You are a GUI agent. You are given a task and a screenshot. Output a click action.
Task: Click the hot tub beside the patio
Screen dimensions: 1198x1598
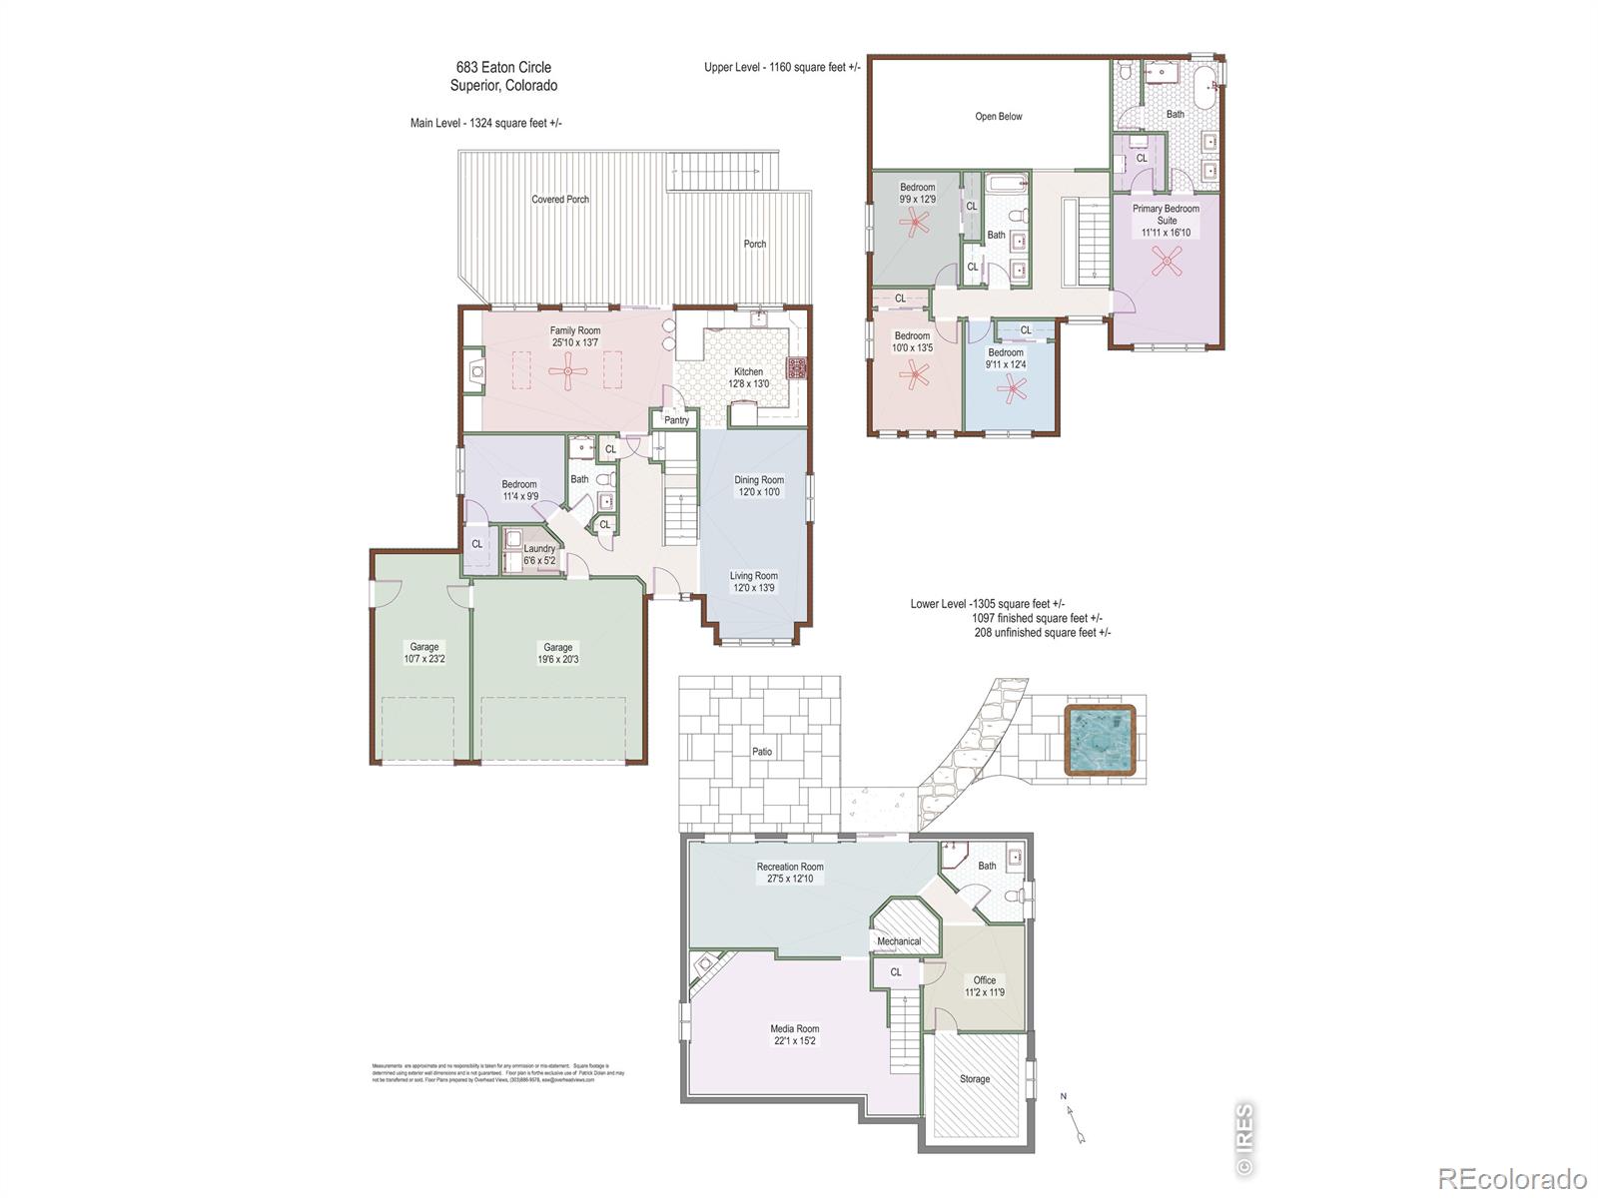[x=1100, y=740]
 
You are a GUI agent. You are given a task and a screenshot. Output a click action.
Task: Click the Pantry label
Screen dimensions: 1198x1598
[x=676, y=420]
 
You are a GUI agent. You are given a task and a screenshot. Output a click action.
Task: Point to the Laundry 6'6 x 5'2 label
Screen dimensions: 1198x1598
[x=539, y=555]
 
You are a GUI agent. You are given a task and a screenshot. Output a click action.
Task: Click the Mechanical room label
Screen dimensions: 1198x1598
[x=899, y=941]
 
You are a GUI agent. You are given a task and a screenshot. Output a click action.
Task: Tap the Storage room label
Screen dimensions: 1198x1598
[x=975, y=1079]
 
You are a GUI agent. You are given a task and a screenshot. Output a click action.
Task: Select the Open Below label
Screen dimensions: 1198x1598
[x=999, y=117]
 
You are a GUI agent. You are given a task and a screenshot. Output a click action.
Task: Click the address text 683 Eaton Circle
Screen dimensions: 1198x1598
[x=503, y=68]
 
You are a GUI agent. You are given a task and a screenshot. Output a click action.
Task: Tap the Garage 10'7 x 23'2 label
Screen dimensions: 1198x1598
[x=423, y=653]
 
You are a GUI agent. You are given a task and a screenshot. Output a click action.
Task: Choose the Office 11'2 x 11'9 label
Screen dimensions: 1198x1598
[x=985, y=986]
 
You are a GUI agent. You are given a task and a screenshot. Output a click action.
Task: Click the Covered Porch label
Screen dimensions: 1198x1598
[x=560, y=200]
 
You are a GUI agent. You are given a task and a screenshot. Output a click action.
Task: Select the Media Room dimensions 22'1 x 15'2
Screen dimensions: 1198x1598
[x=794, y=1041]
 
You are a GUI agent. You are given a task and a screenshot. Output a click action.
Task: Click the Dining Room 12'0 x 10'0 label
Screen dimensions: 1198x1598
[x=759, y=486]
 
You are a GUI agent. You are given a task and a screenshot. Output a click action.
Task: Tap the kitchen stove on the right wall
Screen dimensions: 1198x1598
[x=797, y=368]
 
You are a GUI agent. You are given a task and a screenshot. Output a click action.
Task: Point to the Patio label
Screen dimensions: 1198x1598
[x=762, y=752]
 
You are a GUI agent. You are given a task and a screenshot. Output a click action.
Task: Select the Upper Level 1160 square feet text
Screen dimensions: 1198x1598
[x=782, y=68]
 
